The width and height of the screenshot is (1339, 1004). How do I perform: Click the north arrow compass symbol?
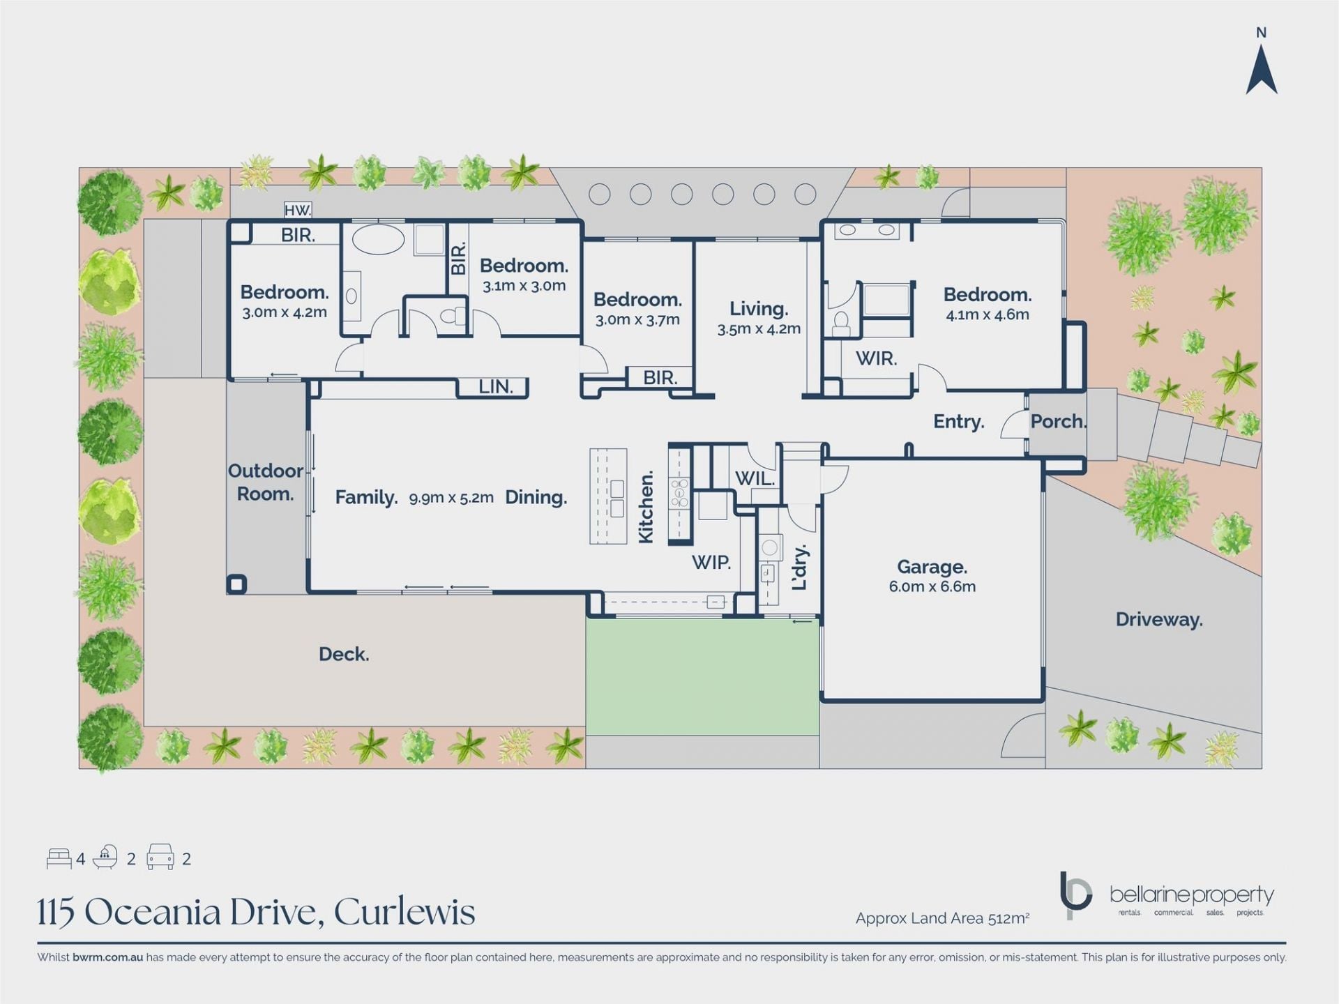1262,70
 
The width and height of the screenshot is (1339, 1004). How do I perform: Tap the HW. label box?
298,210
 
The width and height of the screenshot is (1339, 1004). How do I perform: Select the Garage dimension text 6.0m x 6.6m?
932,587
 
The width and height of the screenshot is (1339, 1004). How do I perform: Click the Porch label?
1058,421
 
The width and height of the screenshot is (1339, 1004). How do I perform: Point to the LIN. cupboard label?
495,387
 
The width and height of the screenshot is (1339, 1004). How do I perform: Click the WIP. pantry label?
711,562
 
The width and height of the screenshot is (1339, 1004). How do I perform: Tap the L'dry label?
800,567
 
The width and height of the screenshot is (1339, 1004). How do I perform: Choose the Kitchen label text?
646,507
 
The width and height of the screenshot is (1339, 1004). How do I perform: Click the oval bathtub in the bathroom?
378,239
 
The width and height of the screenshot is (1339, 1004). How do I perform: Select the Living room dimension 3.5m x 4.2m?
759,329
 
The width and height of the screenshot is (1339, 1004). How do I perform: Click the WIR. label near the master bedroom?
876,358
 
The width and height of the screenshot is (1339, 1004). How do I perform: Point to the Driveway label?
1159,620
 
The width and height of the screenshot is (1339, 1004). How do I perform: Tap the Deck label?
344,654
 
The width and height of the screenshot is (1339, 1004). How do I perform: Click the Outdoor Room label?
266,482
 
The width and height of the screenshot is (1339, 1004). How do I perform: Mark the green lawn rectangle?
702,677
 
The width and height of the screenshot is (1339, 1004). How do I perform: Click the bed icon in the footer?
59,858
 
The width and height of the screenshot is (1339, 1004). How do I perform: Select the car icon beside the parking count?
160,857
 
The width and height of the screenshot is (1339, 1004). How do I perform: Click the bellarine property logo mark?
1075,895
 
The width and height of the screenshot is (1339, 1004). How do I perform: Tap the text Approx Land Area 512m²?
943,919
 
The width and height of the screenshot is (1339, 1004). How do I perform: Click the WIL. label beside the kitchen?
755,479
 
